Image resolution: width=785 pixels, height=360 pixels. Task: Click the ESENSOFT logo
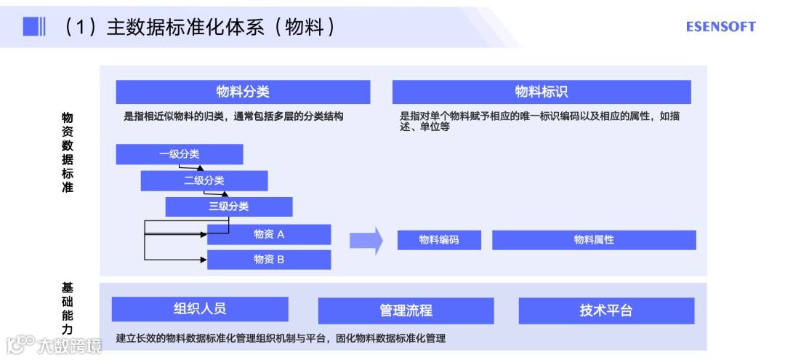point(720,27)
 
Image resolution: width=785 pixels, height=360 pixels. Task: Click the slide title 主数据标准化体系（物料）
point(200,27)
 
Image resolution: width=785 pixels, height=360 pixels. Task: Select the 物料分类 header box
point(243,92)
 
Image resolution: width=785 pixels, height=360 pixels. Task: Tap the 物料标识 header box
point(542,92)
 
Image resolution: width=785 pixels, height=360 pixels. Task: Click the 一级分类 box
point(179,154)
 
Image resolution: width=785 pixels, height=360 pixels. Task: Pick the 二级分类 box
point(204,180)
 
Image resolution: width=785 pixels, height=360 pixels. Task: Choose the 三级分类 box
point(229,207)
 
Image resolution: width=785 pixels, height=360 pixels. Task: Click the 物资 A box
point(269,234)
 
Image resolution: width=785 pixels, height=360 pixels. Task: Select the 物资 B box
point(269,260)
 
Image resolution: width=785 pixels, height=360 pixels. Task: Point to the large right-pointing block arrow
point(366,240)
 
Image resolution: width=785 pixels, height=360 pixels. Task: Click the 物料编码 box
point(439,240)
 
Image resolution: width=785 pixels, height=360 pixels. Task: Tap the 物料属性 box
point(594,240)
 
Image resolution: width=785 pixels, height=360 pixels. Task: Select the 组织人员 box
point(200,308)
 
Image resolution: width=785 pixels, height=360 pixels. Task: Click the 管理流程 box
point(406,311)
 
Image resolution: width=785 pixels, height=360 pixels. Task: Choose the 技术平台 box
point(606,311)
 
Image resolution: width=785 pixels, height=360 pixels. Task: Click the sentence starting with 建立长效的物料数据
point(281,338)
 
